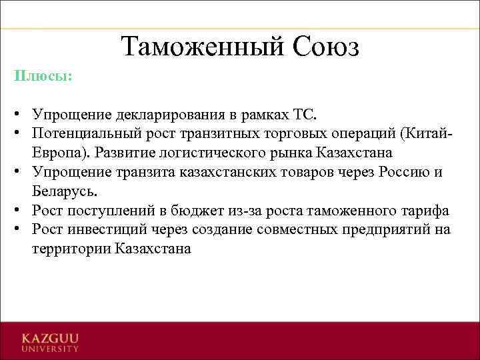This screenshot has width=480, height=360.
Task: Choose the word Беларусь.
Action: point(64,191)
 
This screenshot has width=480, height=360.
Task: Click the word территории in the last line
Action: point(70,249)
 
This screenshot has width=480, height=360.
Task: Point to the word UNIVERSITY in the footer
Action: point(50,347)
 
